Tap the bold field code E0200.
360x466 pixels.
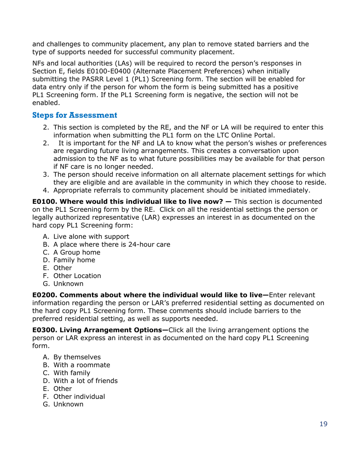(44, 295)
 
